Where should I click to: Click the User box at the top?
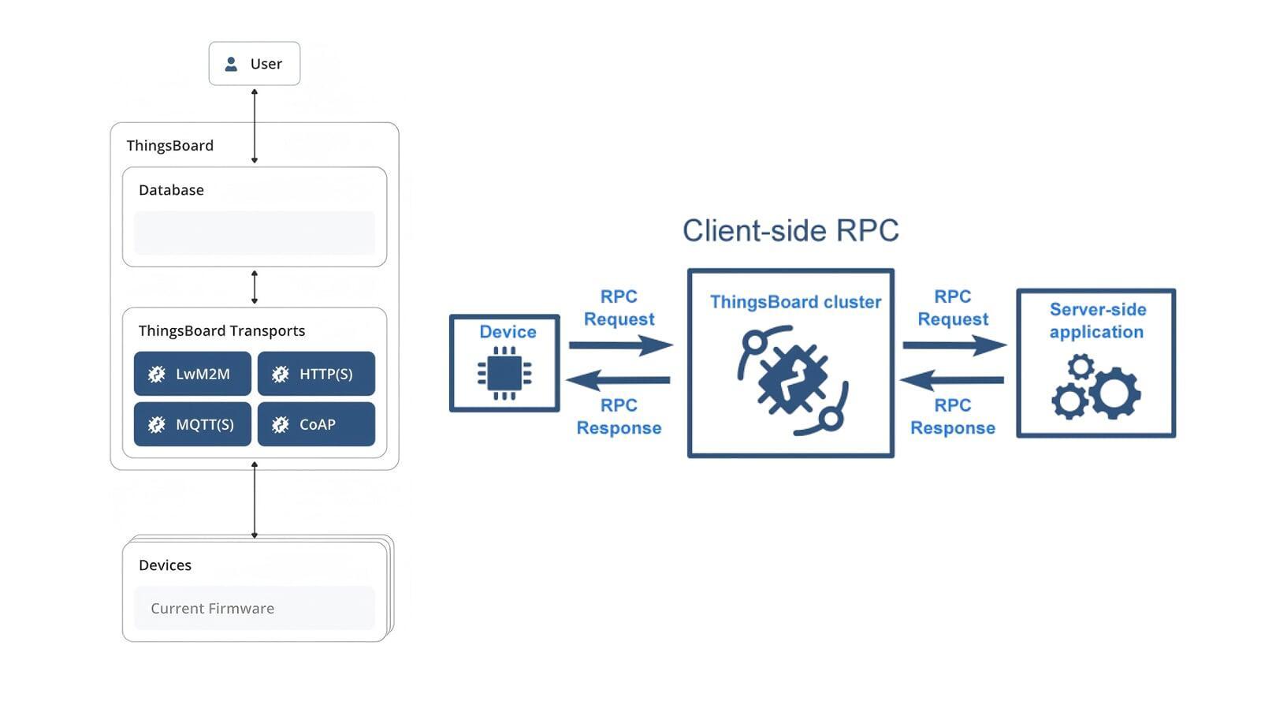click(x=254, y=63)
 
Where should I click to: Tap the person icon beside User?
click(x=231, y=64)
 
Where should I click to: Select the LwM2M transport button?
click(x=192, y=374)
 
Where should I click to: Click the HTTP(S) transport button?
click(x=316, y=374)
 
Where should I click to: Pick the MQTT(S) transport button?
click(x=192, y=424)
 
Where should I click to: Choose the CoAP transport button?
click(x=316, y=424)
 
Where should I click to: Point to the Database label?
click(x=171, y=190)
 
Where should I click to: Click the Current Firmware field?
click(x=254, y=608)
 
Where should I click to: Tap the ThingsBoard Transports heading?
click(x=221, y=330)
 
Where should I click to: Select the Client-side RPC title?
click(x=790, y=230)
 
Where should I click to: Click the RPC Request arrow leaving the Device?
click(x=620, y=345)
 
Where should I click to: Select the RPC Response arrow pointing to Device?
click(x=619, y=380)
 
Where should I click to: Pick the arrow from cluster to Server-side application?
click(x=954, y=345)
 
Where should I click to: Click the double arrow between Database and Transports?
click(x=254, y=287)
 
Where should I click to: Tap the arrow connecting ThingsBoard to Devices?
click(x=254, y=500)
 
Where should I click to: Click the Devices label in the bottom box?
click(x=165, y=565)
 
